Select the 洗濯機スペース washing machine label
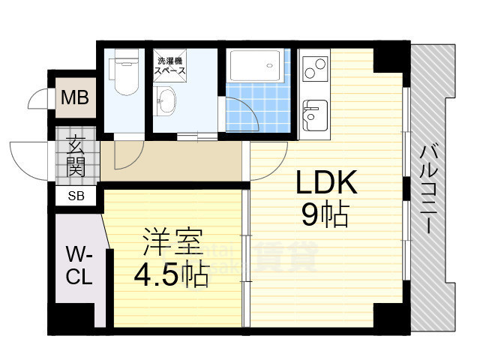tap(170, 65)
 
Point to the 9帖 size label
tap(325, 215)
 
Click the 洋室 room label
tap(171, 244)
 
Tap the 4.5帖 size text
tap(171, 277)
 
